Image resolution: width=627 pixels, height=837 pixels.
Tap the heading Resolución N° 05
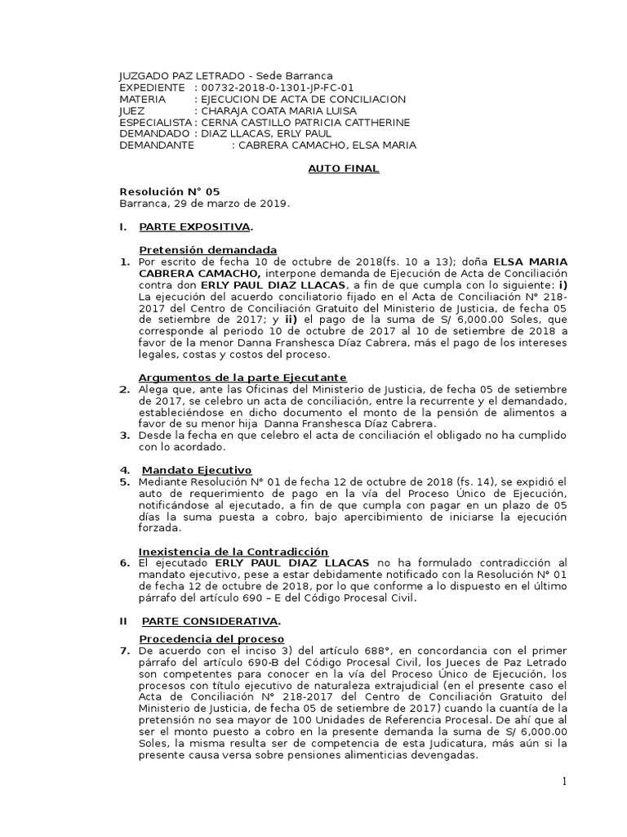[170, 191]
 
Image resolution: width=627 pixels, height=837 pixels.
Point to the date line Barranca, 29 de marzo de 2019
[204, 203]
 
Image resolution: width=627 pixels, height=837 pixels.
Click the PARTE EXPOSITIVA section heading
[195, 226]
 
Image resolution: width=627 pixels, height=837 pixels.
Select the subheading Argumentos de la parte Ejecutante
[242, 377]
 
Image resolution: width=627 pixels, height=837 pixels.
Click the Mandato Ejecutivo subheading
[197, 470]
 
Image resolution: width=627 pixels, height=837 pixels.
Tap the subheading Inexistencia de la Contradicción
[233, 552]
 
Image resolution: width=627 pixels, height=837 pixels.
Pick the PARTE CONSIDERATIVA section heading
[211, 621]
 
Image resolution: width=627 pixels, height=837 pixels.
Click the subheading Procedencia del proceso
[211, 638]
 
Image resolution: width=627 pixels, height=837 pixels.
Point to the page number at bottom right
[563, 782]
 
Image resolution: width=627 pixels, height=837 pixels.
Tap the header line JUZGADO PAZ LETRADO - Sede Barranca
[226, 76]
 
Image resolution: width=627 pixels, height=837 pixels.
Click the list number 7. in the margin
[125, 650]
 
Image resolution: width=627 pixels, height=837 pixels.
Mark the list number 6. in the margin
[125, 563]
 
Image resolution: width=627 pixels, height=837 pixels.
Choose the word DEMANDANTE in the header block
[157, 145]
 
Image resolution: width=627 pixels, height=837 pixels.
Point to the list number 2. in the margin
[125, 389]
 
